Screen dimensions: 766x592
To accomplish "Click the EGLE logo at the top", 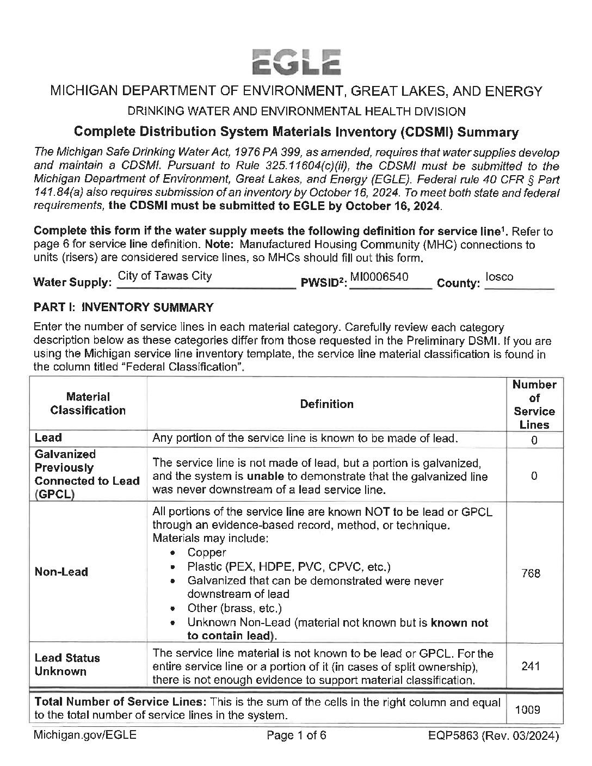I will coord(296,61).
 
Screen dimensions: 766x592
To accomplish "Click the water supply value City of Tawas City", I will coord(164,276).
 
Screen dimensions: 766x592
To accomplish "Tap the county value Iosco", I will coord(499,276).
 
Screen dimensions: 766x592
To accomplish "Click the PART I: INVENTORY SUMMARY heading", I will coord(123,307).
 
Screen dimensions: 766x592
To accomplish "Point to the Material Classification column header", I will coord(88,404).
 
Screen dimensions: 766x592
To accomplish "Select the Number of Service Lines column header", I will coord(534,404).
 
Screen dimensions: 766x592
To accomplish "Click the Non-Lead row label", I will coord(61,572).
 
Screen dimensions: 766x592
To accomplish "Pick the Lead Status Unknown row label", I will coord(67,664).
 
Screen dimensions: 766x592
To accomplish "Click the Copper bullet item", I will coord(206,553).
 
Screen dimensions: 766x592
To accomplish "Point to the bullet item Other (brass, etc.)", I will coord(235,608).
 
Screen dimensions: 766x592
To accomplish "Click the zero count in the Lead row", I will coord(534,440).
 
